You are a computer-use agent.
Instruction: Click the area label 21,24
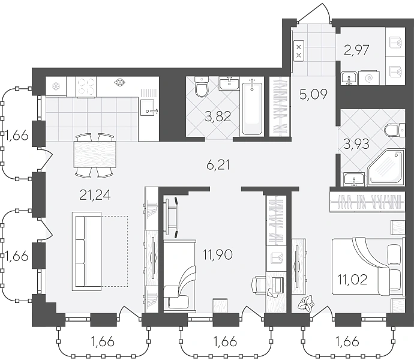coord(95,196)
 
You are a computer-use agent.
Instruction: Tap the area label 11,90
coord(218,255)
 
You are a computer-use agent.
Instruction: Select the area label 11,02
coord(353,280)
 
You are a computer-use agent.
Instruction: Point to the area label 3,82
coord(218,116)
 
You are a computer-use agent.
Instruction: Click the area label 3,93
coord(356,145)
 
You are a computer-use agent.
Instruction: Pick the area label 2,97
coord(356,50)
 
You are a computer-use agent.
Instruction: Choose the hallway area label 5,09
coord(313,94)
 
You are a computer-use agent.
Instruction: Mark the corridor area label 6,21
coord(218,166)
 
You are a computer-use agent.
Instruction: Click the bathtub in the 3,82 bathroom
coord(252,107)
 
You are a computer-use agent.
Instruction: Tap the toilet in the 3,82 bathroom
coord(202,87)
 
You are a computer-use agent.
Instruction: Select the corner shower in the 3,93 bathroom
coord(386,167)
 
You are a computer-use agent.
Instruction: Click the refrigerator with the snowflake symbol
coord(56,86)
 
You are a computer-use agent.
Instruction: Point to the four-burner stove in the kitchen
coord(86,87)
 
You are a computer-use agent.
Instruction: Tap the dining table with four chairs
coord(95,155)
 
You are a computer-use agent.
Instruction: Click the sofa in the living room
coord(86,251)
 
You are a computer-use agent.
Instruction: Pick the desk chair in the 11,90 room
coord(256,285)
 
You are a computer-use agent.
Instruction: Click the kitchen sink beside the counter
coord(148,107)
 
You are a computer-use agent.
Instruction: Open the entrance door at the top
coord(314,13)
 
